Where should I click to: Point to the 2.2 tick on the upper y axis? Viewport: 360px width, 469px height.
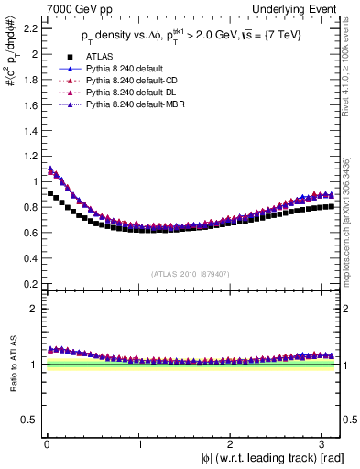pyautogui.click(x=27, y=29)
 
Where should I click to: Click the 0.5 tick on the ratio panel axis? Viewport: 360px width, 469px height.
pyautogui.click(x=27, y=420)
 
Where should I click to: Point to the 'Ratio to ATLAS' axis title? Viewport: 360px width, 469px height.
pyautogui.click(x=11, y=365)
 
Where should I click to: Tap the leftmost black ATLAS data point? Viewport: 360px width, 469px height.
pyautogui.click(x=49, y=193)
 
